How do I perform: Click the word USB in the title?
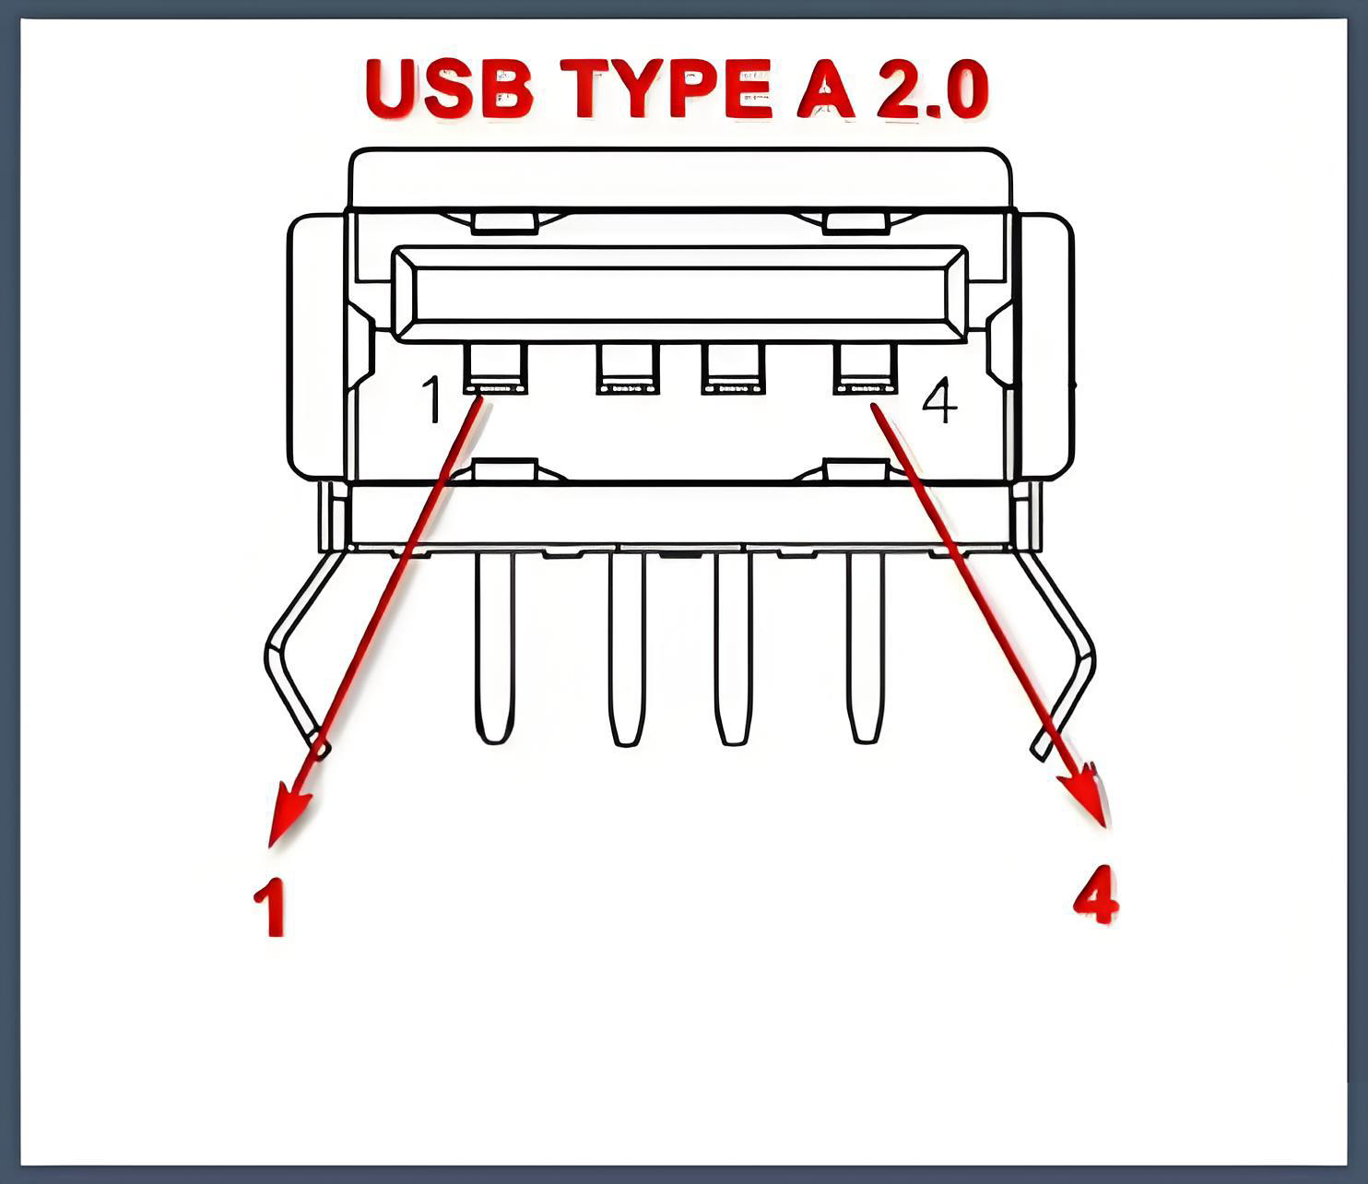pos(449,89)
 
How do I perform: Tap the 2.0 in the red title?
pos(932,89)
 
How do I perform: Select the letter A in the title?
pos(825,89)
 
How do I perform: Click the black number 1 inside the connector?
pos(432,399)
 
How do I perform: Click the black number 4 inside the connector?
pos(939,400)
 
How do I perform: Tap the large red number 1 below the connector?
pos(271,906)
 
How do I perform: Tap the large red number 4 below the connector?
pos(1096,894)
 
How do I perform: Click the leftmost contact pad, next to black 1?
pos(496,369)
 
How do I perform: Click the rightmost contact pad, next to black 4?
pos(865,369)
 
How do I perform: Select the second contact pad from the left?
pos(628,369)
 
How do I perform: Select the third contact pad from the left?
pos(733,369)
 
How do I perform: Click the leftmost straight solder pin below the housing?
pos(494,647)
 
